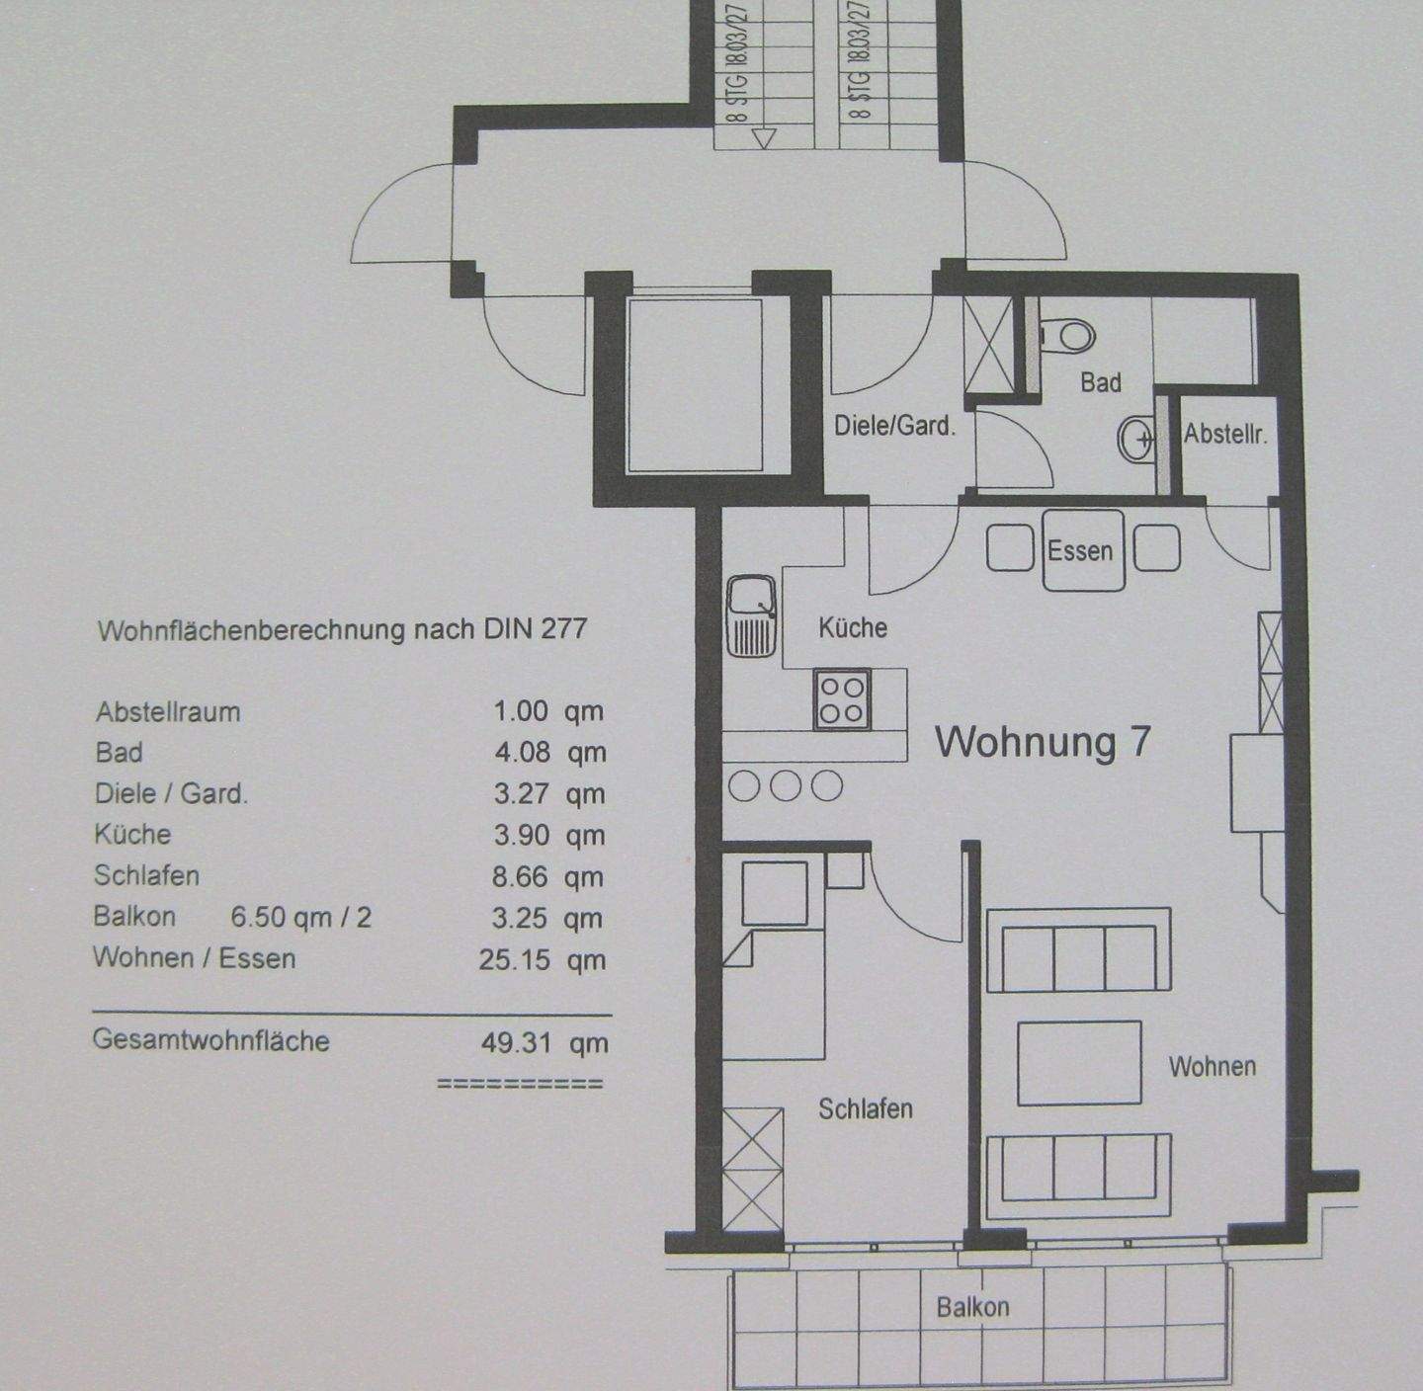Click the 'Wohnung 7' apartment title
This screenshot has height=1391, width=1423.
pyautogui.click(x=1043, y=741)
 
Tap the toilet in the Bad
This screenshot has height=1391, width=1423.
pyautogui.click(x=1067, y=336)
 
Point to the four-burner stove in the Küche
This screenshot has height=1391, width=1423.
pyautogui.click(x=842, y=699)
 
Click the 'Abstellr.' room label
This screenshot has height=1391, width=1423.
pyautogui.click(x=1225, y=434)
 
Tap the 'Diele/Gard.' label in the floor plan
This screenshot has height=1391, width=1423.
pyautogui.click(x=894, y=426)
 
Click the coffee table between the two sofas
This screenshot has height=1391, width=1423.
pyautogui.click(x=1079, y=1063)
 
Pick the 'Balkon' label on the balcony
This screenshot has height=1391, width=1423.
pyautogui.click(x=973, y=1307)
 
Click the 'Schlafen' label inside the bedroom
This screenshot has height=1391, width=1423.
pyautogui.click(x=866, y=1108)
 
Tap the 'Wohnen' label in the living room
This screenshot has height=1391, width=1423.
pyautogui.click(x=1213, y=1066)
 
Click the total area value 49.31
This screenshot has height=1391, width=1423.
pyautogui.click(x=516, y=1042)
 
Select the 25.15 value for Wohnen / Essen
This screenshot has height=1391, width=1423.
pyautogui.click(x=514, y=959)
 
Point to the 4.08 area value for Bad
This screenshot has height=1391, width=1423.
pyautogui.click(x=522, y=753)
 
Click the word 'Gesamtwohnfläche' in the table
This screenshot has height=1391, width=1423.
pyautogui.click(x=210, y=1040)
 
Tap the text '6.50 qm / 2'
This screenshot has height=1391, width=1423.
pyautogui.click(x=300, y=917)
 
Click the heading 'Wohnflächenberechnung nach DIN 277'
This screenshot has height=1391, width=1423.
pyautogui.click(x=342, y=629)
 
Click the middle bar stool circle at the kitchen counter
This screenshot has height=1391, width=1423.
pyautogui.click(x=786, y=786)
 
